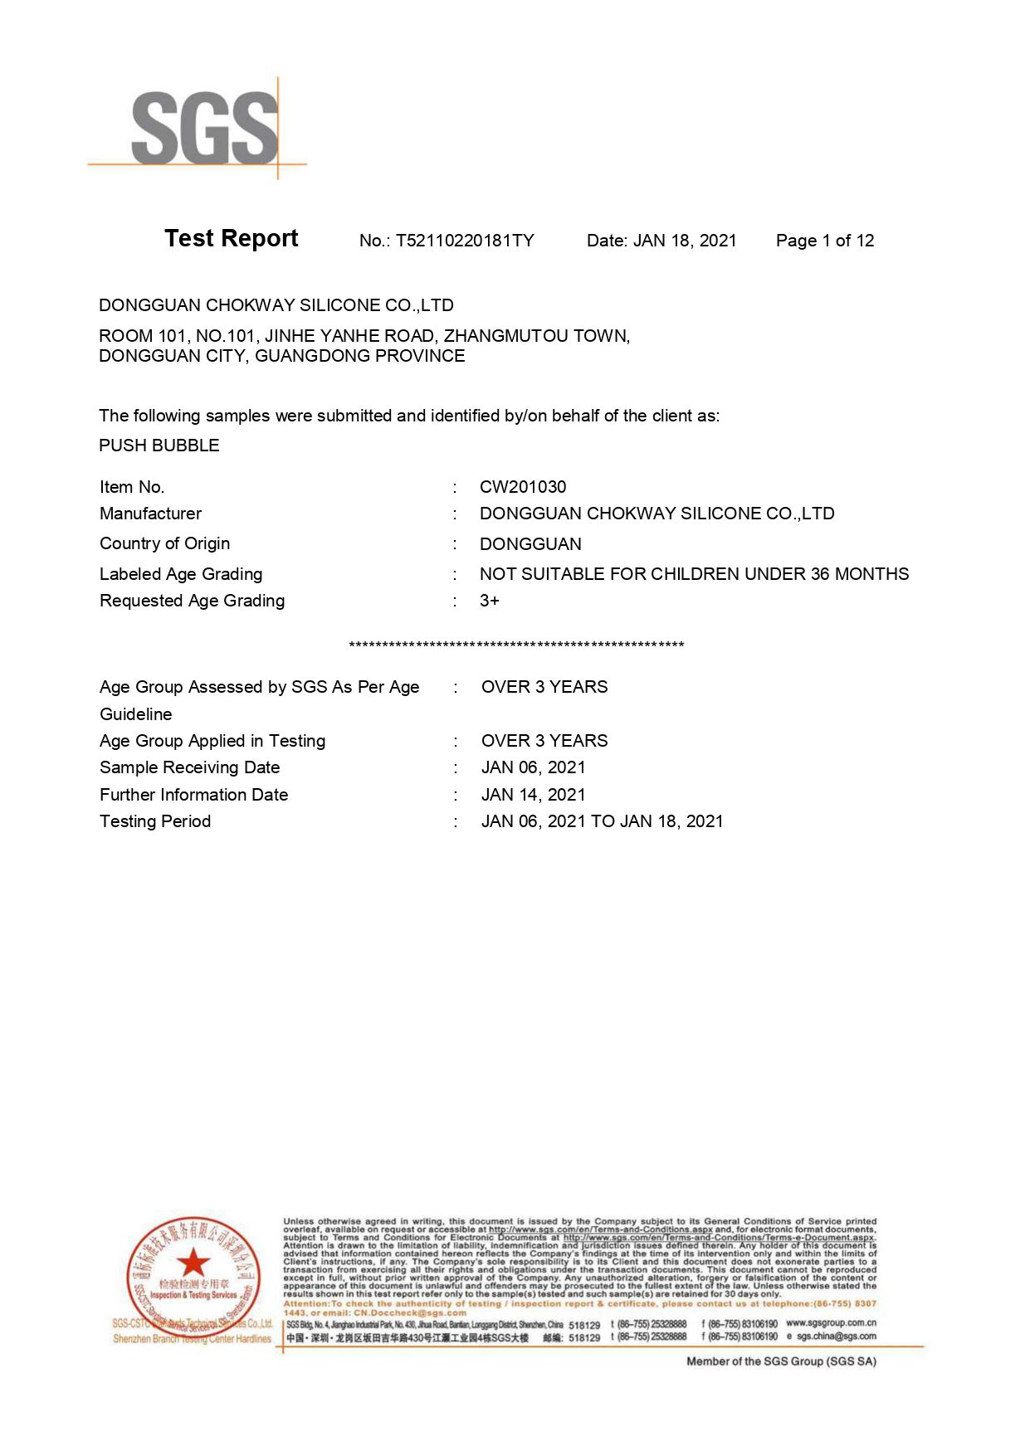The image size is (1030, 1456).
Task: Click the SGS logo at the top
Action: point(203,129)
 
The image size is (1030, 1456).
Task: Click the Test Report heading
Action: point(231,239)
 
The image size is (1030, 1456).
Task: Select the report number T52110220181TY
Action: point(465,241)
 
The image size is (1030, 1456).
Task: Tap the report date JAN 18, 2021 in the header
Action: point(685,241)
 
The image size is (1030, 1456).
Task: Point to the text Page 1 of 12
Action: point(824,241)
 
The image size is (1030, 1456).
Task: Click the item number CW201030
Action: point(523,487)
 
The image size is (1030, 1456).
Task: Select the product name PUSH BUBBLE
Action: point(159,446)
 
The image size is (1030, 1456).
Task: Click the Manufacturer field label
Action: point(150,514)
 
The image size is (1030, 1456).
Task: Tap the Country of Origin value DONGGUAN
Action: point(530,544)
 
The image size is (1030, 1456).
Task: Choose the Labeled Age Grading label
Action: point(181,574)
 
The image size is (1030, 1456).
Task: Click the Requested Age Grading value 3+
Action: point(490,601)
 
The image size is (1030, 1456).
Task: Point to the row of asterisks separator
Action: point(516,645)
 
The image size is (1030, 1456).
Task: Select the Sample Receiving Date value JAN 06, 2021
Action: point(533,767)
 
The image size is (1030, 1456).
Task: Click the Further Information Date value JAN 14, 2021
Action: point(533,795)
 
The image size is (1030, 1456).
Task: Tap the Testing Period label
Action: point(155,821)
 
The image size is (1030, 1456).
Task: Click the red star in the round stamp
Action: point(193,1262)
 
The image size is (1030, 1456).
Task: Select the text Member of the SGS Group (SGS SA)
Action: point(781,1361)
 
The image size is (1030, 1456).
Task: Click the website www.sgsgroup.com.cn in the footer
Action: point(831,1323)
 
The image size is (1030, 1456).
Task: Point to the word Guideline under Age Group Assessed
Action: point(136,714)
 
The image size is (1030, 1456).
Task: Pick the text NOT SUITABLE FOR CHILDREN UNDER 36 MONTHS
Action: point(694,574)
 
